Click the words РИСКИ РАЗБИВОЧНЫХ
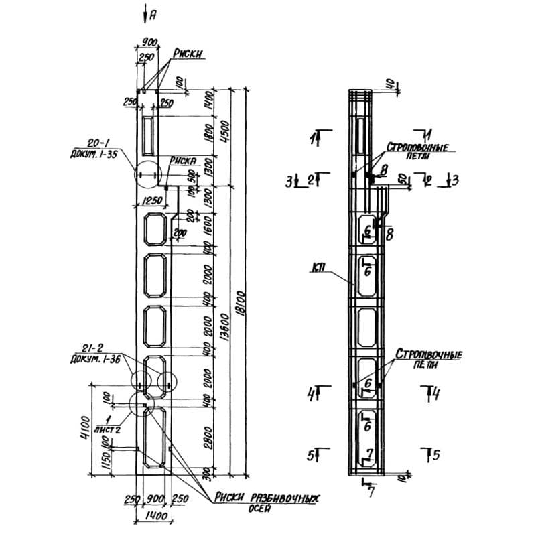pyautogui.click(x=264, y=499)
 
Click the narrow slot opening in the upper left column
pyautogui.click(x=148, y=133)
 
